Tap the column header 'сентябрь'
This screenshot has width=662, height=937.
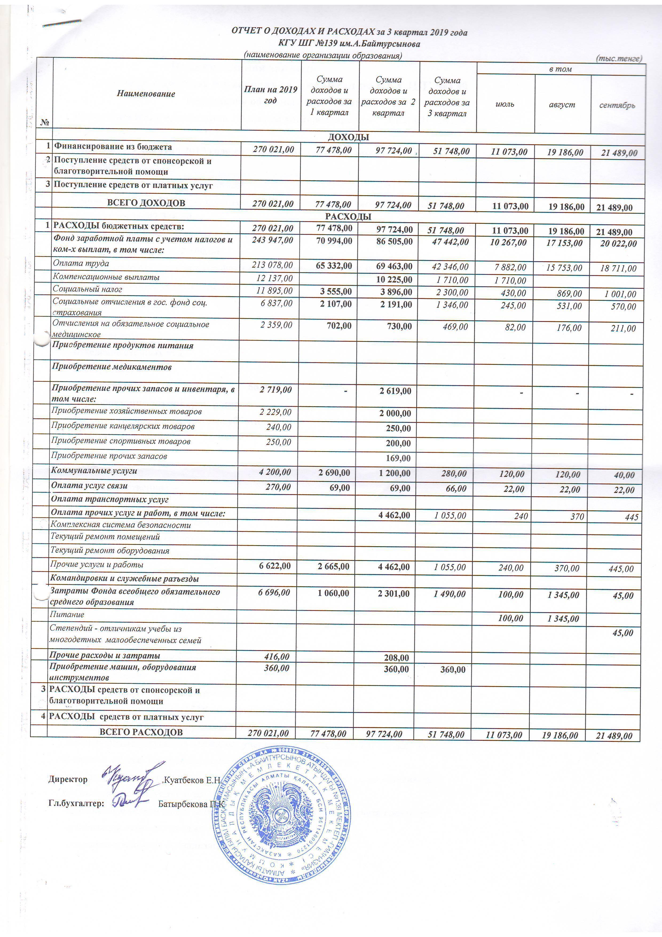[x=617, y=105]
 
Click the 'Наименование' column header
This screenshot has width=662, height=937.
[x=146, y=94]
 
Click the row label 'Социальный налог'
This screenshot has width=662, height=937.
[x=87, y=289]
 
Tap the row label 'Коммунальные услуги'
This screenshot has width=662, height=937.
[x=94, y=471]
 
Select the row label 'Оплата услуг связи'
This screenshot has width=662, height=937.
[x=89, y=486]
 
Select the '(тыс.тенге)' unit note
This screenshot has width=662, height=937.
[x=619, y=58]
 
